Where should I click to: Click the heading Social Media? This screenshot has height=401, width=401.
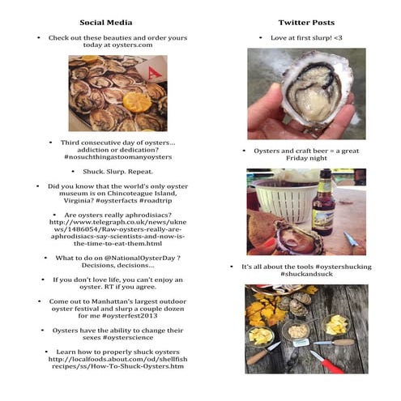(106, 23)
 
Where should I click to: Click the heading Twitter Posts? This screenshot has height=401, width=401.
(306, 23)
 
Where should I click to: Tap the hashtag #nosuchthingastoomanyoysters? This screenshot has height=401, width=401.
(118, 157)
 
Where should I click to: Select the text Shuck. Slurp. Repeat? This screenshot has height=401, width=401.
(118, 172)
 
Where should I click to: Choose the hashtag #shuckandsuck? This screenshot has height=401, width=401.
(306, 274)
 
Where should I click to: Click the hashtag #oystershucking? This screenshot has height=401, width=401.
(343, 267)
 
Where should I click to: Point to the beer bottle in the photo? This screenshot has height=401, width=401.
(323, 203)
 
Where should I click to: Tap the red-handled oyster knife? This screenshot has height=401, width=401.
(327, 362)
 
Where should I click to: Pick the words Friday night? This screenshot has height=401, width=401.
(306, 158)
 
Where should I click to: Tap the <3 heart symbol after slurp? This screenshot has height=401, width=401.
(338, 38)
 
